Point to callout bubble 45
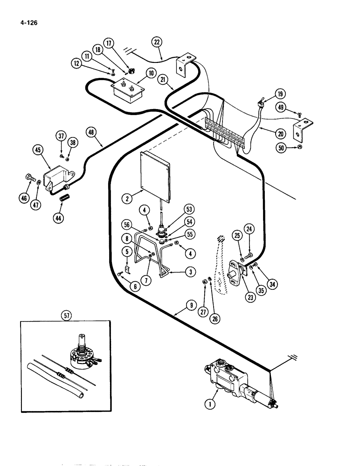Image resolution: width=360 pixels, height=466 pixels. tap(39, 150)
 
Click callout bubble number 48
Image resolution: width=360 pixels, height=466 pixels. tap(91, 132)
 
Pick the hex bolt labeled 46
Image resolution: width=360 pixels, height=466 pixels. tap(29, 178)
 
